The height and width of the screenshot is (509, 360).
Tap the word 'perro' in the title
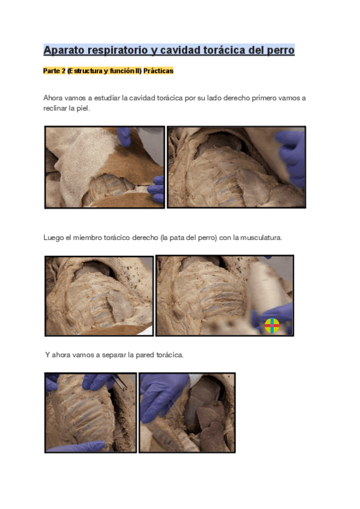tap(277, 50)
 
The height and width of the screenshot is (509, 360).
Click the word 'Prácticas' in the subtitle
tap(158, 71)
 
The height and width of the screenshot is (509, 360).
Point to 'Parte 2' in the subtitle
tap(54, 71)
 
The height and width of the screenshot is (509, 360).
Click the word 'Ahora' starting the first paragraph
tap(53, 98)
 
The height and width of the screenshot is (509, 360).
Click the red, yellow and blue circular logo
tap(272, 325)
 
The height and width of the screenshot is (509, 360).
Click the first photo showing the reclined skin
tap(104, 167)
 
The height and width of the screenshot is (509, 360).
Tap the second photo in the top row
tap(236, 167)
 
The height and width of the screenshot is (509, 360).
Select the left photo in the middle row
tap(98, 295)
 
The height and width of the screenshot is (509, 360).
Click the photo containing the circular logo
tap(224, 295)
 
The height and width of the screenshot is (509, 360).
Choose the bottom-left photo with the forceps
tap(91, 412)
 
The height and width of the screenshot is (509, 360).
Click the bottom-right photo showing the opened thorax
tap(187, 412)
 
